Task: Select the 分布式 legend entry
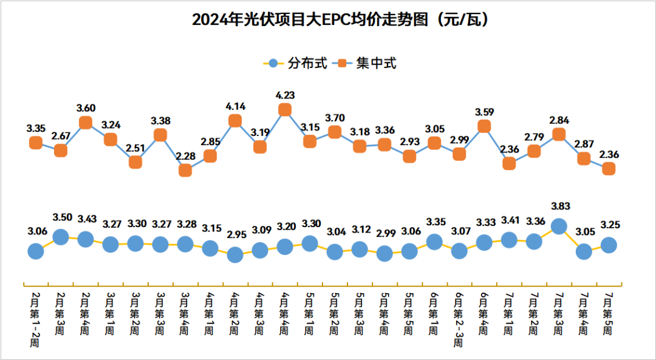[298, 63]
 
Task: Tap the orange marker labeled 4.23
[285, 110]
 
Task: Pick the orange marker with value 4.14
[235, 121]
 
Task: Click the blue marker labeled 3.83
[559, 226]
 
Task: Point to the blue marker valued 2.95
[235, 255]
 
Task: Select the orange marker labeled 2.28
[185, 171]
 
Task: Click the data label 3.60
[86, 108]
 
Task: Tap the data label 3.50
[61, 217]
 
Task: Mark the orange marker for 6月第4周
[484, 126]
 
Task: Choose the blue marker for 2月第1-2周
[36, 251]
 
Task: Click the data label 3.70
[335, 117]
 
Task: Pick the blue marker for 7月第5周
[609, 245]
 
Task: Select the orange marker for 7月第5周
[609, 169]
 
